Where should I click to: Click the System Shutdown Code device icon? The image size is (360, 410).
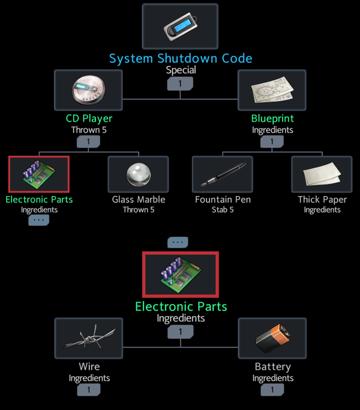pyautogui.click(x=180, y=26)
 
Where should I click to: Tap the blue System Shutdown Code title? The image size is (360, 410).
pyautogui.click(x=180, y=58)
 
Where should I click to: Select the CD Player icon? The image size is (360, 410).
pyautogui.click(x=88, y=90)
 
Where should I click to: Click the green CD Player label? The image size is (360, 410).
pyautogui.click(x=89, y=119)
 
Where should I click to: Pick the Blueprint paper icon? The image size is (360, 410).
pyautogui.click(x=272, y=90)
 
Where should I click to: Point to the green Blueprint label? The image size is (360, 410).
pyautogui.click(x=272, y=119)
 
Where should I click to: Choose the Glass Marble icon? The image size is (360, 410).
pyautogui.click(x=138, y=174)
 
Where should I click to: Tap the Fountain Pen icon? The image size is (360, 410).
pyautogui.click(x=223, y=174)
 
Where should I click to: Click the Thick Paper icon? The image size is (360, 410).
pyautogui.click(x=322, y=174)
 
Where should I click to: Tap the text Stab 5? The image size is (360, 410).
pyautogui.click(x=223, y=210)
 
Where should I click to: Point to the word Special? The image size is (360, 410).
pyautogui.click(x=181, y=70)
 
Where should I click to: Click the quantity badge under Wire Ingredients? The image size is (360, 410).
pyautogui.click(x=89, y=390)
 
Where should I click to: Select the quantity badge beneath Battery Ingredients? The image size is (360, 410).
pyautogui.click(x=272, y=390)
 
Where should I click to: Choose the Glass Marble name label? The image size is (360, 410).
pyautogui.click(x=138, y=200)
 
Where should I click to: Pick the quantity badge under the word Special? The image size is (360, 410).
pyautogui.click(x=181, y=83)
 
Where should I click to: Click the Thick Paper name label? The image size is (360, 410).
pyautogui.click(x=322, y=200)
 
